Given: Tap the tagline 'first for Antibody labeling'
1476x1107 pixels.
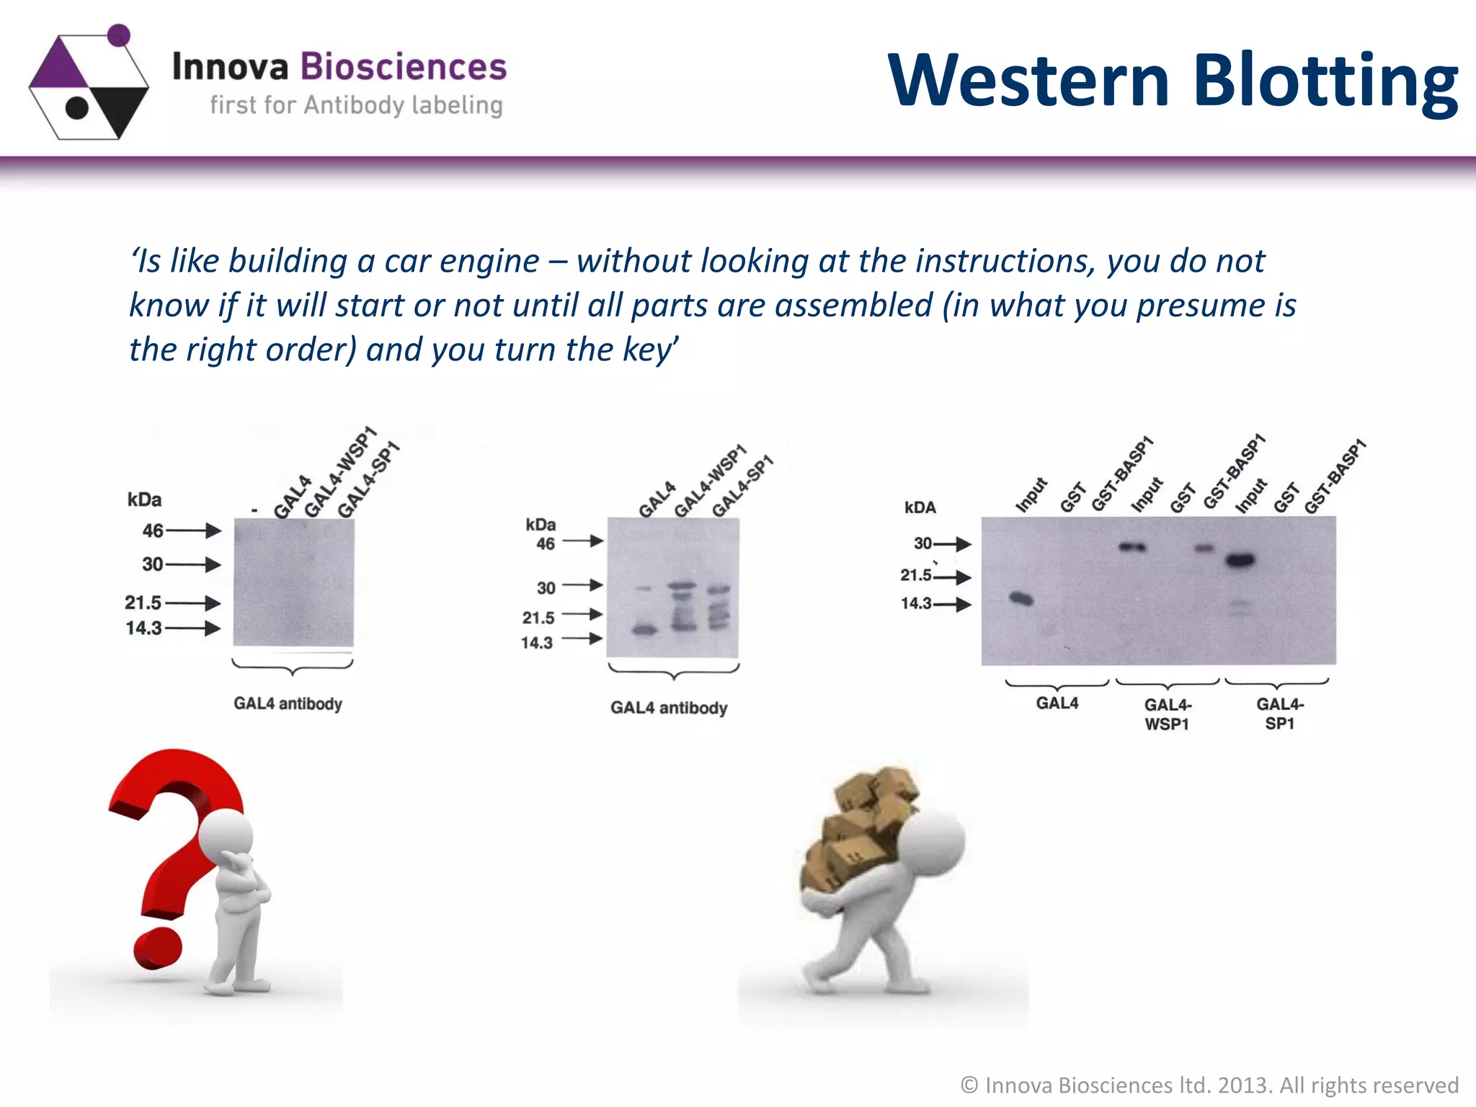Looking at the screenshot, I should click(x=356, y=105).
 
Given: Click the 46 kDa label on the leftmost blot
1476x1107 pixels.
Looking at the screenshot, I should click(x=153, y=530).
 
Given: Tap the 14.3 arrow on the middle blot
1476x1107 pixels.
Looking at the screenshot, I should click(x=582, y=639).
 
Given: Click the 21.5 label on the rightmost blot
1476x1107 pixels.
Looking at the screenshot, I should click(x=915, y=575).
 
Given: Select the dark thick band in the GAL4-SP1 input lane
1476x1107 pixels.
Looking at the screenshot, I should click(x=1240, y=560).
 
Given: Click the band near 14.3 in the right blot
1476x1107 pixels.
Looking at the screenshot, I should click(x=1021, y=598).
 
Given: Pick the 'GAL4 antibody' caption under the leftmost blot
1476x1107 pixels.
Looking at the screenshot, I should click(x=288, y=703).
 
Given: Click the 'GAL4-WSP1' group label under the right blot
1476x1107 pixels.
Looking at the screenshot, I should click(x=1168, y=714).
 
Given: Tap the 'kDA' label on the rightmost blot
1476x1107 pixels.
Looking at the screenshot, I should click(x=920, y=507).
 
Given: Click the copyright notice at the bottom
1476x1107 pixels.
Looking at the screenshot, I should click(x=1209, y=1085).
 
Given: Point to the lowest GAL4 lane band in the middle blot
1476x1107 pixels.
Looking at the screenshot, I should click(x=645, y=631).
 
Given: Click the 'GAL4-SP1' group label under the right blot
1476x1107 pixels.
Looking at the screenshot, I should click(x=1279, y=713).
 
